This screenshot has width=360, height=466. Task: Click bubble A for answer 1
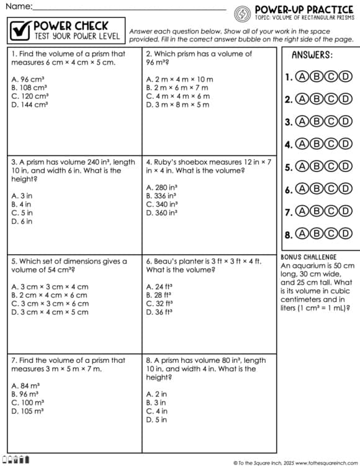click(x=302, y=77)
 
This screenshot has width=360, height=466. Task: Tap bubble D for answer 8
click(x=347, y=234)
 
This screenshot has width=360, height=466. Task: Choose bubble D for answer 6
click(x=347, y=190)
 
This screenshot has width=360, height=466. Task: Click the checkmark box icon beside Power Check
click(x=19, y=29)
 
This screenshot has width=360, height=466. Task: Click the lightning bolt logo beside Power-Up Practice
click(x=243, y=12)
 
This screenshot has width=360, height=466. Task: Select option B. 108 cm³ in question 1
click(x=30, y=88)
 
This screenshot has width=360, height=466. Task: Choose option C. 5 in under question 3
click(x=22, y=213)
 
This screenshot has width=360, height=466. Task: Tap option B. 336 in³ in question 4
click(x=161, y=196)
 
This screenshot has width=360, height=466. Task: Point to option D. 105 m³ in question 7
click(x=27, y=411)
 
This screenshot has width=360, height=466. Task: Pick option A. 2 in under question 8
click(x=156, y=394)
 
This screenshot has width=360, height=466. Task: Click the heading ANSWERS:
click(x=312, y=55)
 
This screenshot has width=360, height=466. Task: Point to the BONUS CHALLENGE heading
click(x=308, y=257)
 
